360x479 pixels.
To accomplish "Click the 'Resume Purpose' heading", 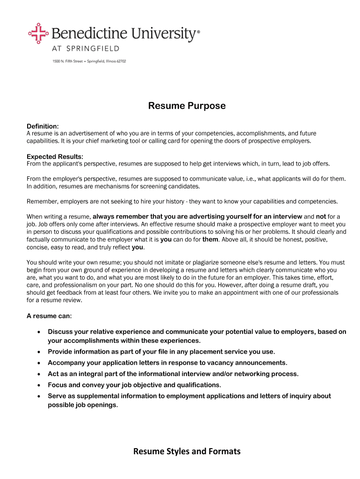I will [187, 106].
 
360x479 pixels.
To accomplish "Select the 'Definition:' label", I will [43, 126].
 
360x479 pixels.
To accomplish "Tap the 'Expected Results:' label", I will [55, 156].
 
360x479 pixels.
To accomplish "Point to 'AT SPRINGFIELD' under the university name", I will [86, 49].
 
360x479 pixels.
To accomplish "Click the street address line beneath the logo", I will [89, 61].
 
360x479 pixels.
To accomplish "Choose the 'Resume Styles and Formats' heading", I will [187, 451].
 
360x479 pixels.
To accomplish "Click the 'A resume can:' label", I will [49, 316].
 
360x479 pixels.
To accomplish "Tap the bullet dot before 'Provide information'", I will [38, 352].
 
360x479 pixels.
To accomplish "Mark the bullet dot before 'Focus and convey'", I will [38, 385].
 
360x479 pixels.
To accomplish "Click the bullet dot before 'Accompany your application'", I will [38, 363].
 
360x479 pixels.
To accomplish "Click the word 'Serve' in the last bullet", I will [57, 396].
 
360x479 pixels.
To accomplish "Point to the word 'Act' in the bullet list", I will [54, 374].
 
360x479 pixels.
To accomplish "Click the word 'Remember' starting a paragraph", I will [42, 201].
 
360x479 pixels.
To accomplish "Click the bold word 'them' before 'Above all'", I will [210, 239].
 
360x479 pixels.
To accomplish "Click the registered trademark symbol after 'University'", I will [198, 32].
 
